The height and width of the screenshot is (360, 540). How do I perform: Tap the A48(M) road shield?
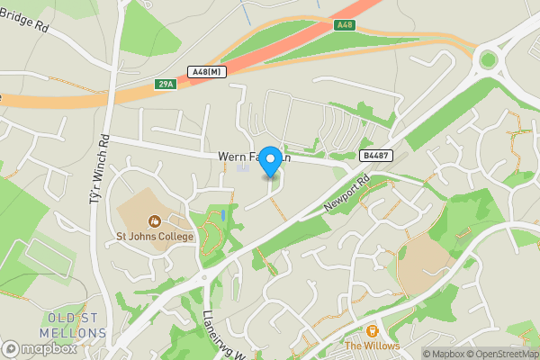208,71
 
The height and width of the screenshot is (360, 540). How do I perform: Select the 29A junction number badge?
165,84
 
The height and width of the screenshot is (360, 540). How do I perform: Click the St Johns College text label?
155,237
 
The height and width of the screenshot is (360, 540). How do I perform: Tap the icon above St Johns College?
155,220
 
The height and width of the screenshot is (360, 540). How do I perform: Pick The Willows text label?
372,346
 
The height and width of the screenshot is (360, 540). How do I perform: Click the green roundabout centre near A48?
489,59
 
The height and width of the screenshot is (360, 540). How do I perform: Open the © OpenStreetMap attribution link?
506,354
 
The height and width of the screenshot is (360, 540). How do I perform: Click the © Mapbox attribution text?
447,354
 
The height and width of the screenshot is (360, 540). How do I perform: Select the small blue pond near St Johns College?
223,217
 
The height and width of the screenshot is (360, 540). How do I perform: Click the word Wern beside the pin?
232,156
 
